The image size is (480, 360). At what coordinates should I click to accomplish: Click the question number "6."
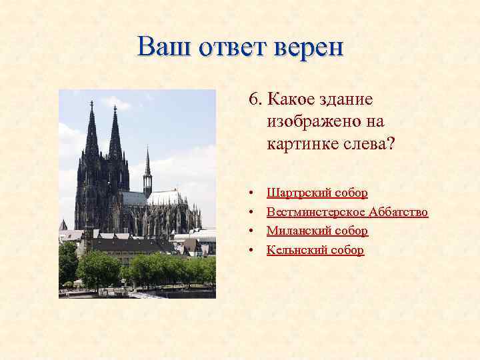(x=255, y=99)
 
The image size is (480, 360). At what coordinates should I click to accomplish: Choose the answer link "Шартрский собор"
(x=317, y=193)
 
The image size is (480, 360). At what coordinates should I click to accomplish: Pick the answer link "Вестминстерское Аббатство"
(x=347, y=212)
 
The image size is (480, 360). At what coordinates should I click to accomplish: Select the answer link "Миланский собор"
(x=317, y=231)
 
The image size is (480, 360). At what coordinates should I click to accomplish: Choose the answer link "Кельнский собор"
(x=315, y=250)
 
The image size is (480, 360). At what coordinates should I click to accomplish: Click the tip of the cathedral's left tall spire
(x=91, y=103)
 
